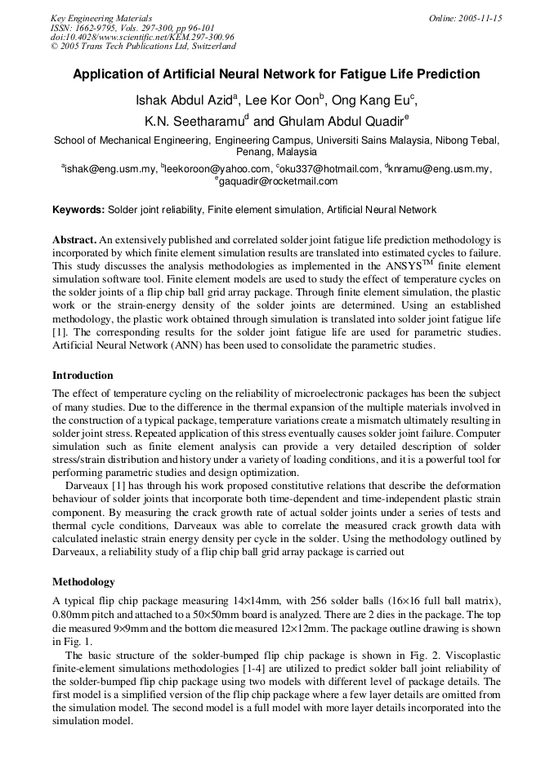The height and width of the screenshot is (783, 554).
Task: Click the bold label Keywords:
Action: click(78, 210)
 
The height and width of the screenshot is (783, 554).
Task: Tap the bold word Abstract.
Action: click(74, 240)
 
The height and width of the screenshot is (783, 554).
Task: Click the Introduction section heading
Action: click(83, 376)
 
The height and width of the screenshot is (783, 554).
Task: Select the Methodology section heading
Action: click(83, 582)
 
